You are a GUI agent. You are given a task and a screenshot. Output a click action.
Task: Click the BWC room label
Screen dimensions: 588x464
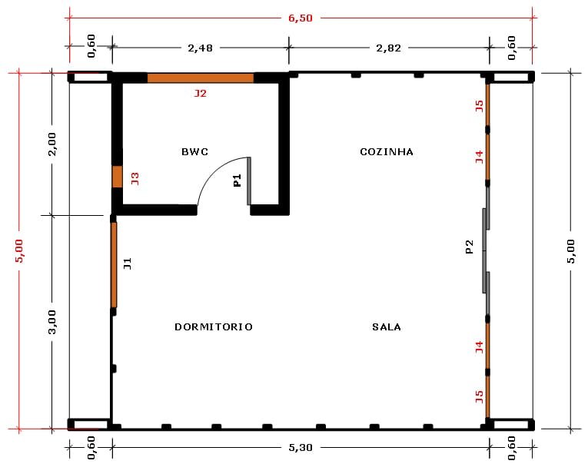[194, 152]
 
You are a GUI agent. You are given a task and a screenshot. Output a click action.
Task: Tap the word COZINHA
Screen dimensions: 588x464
[387, 152]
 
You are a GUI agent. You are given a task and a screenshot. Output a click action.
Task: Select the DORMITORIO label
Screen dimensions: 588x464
[214, 326]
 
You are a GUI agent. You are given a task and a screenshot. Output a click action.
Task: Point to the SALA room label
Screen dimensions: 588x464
[387, 326]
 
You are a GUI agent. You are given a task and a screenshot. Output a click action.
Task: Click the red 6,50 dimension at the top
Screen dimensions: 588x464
[301, 18]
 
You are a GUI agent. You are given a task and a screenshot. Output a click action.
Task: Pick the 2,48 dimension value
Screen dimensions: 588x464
[201, 48]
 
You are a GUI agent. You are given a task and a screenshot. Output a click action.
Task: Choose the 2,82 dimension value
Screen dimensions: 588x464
[389, 48]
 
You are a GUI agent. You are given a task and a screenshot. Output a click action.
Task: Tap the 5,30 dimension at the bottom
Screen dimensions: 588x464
[301, 448]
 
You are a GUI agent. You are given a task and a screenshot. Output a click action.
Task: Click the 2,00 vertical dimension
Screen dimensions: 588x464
[52, 144]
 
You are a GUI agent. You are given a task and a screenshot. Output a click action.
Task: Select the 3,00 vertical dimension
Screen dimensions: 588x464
[52, 322]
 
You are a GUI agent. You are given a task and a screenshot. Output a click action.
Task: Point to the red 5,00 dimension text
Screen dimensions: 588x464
[19, 250]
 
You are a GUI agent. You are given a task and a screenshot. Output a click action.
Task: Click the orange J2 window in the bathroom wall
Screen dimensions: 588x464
[201, 78]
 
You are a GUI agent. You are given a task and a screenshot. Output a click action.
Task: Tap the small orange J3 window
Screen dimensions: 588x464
[118, 177]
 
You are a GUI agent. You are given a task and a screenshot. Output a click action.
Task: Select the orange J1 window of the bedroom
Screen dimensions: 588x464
[114, 265]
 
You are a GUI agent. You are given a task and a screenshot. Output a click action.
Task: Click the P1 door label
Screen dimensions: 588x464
[237, 181]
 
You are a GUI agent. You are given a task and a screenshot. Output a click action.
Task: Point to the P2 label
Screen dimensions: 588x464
[469, 247]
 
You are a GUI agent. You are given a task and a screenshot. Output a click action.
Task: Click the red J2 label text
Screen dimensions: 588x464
[201, 93]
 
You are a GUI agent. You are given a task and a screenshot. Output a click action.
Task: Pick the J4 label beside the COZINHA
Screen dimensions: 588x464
[480, 157]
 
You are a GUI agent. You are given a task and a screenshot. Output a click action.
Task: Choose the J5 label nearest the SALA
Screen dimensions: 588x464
[480, 396]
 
